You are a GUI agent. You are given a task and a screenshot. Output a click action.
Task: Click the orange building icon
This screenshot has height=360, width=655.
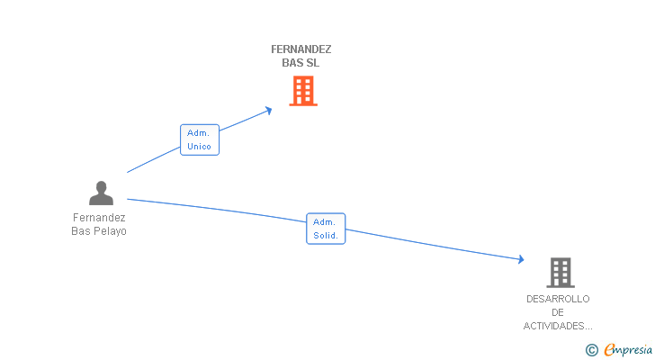pyautogui.click(x=303, y=91)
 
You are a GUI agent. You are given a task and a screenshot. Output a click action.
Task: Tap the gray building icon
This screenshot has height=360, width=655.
pyautogui.click(x=561, y=273)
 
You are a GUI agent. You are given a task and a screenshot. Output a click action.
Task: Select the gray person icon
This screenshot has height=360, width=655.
pyautogui.click(x=101, y=193)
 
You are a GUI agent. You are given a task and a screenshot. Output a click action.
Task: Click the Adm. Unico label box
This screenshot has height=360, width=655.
pyautogui.click(x=200, y=139)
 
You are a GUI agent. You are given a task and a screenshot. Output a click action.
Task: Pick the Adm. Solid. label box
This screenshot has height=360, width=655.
pyautogui.click(x=326, y=229)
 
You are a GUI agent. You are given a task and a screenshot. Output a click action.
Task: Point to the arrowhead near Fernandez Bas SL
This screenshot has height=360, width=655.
pyautogui.click(x=269, y=111)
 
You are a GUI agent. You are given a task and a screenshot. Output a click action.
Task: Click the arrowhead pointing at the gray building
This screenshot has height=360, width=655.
pyautogui.click(x=521, y=259)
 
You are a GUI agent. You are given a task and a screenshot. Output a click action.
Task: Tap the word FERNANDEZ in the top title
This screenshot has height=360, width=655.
pyautogui.click(x=301, y=49)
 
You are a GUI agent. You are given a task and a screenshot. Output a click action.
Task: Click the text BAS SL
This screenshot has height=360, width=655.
pyautogui.click(x=301, y=63)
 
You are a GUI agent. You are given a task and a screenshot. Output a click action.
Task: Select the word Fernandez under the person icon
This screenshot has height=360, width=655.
pyautogui.click(x=99, y=218)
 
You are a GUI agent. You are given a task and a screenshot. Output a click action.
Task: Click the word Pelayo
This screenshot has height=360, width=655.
pyautogui.click(x=112, y=231)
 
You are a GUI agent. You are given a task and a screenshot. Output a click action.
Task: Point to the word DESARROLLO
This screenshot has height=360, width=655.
pyautogui.click(x=558, y=299)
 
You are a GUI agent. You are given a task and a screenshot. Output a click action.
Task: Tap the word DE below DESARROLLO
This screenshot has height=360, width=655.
pyautogui.click(x=558, y=312)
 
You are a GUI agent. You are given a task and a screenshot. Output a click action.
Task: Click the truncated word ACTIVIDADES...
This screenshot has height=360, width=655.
pyautogui.click(x=558, y=326)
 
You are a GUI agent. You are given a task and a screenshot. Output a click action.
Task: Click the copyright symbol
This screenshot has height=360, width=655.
pyautogui.click(x=592, y=350)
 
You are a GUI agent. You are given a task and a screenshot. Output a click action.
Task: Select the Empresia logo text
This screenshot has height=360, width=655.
pyautogui.click(x=628, y=350)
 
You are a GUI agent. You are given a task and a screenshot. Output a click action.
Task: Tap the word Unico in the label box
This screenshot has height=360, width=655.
pyautogui.click(x=199, y=147)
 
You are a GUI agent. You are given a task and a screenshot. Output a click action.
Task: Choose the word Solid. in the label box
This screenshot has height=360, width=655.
pyautogui.click(x=326, y=236)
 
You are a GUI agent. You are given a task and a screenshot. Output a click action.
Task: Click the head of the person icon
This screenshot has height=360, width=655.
pyautogui.click(x=101, y=186)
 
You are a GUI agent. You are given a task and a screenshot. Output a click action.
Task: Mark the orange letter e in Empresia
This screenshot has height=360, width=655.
pyautogui.click(x=609, y=350)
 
